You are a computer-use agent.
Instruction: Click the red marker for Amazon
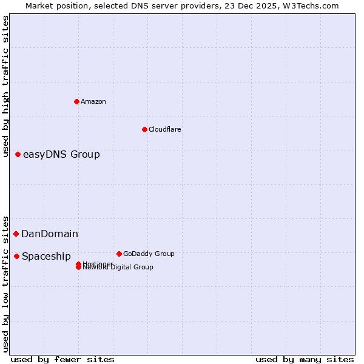76,101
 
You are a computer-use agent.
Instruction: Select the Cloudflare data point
144,129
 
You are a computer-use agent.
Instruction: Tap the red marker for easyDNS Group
18,154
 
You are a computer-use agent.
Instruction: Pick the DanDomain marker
16,234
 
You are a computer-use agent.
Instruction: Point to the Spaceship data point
16,256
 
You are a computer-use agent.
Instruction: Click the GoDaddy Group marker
119,254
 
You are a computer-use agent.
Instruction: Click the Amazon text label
93,101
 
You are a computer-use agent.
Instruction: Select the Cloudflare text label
165,129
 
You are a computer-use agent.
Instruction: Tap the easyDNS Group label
61,154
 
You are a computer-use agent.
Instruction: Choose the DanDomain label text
50,234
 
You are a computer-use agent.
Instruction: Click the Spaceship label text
46,256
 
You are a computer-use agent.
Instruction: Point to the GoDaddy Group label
149,254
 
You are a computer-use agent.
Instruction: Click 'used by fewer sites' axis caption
62,359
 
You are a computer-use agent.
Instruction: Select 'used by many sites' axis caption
305,359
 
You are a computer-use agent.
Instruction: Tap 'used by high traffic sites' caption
6,86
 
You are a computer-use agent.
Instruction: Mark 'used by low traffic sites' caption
6,283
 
